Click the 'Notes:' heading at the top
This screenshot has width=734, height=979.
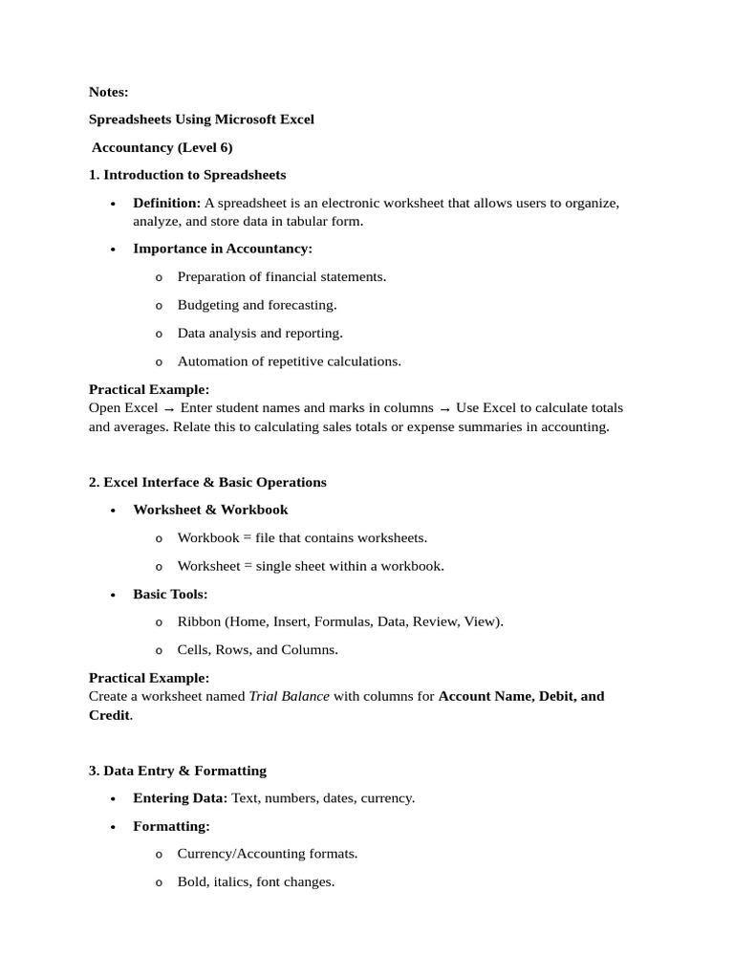[108, 92]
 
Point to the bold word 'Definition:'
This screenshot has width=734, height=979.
[166, 203]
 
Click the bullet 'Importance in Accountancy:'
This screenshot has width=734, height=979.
[223, 249]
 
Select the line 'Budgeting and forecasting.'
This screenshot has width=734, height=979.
[257, 305]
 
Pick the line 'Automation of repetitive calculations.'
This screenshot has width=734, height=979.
[289, 361]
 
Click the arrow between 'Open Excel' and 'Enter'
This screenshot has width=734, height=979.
[169, 408]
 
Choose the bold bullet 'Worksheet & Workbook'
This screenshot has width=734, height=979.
[210, 510]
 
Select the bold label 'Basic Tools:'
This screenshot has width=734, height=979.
[170, 594]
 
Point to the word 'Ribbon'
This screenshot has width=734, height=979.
[199, 621]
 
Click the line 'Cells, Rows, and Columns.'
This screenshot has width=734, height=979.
[257, 650]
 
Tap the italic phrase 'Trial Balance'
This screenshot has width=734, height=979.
[289, 696]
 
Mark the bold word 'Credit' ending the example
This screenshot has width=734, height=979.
[109, 715]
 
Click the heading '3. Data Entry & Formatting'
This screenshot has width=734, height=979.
[178, 771]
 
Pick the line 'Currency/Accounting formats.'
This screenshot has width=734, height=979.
[268, 854]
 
